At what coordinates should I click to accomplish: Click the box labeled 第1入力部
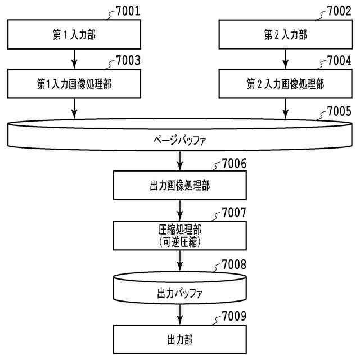(74, 35)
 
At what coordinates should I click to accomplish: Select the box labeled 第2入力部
(285, 35)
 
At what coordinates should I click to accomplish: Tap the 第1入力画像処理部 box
(74, 84)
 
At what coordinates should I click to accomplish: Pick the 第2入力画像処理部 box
(285, 84)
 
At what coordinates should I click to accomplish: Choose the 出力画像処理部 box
(179, 186)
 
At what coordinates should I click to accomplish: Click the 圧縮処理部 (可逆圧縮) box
(179, 235)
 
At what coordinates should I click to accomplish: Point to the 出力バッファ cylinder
(179, 292)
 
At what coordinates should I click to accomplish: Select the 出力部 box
(179, 340)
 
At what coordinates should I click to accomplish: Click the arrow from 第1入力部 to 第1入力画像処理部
(74, 59)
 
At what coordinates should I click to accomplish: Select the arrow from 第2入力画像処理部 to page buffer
(285, 108)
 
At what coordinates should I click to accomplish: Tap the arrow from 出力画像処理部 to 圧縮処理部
(179, 210)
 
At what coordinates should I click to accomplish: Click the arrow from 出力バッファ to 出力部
(179, 314)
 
